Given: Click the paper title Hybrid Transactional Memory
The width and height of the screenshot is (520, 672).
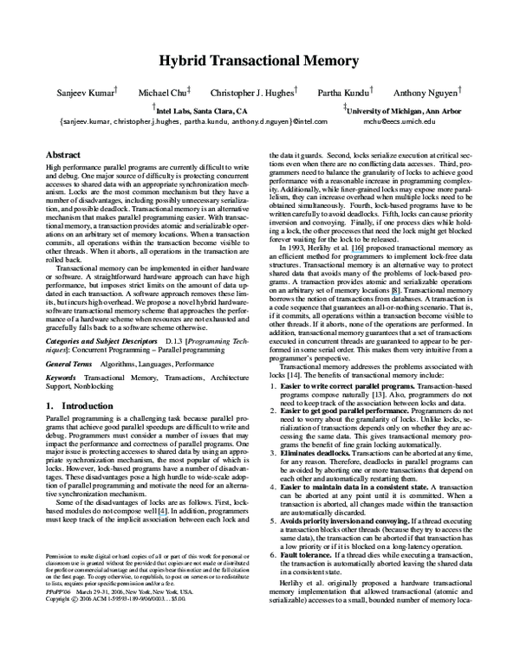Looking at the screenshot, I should (259, 61).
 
